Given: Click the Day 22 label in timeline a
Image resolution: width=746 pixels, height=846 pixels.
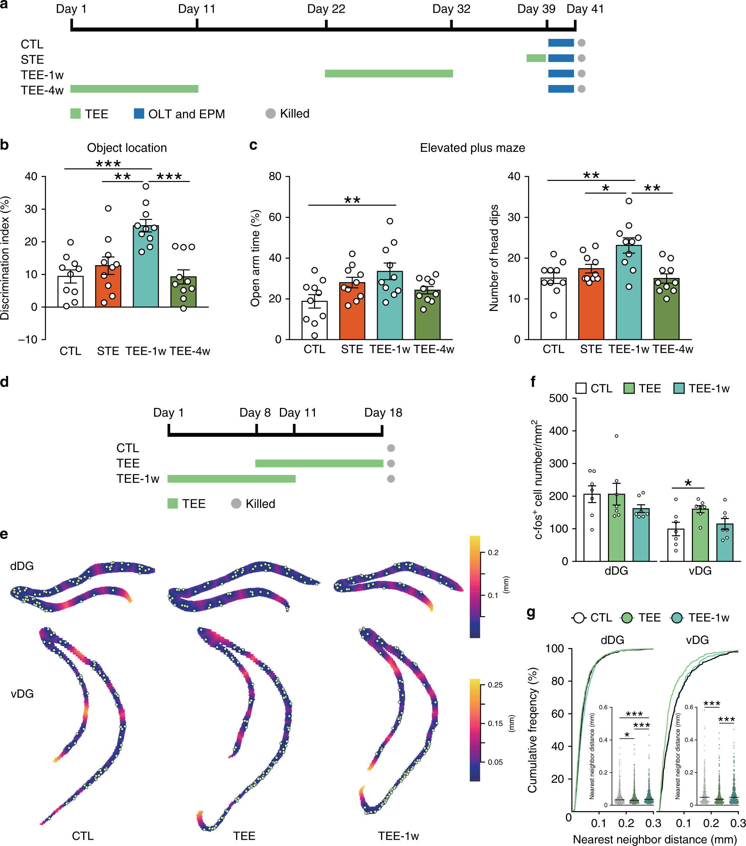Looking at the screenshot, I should tap(326, 9).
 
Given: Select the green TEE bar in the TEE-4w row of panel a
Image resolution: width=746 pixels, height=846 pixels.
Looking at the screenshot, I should tap(134, 89).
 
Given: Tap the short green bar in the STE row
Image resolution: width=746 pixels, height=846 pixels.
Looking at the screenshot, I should tap(536, 58).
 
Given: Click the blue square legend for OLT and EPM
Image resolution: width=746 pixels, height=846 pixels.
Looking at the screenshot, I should tap(139, 113).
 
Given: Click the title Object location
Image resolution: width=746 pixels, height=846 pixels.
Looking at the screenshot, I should tap(127, 148).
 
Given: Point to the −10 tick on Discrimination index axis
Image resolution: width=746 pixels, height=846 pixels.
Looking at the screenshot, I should tap(28, 340).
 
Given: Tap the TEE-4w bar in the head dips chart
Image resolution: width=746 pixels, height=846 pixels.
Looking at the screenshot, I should tap(666, 311).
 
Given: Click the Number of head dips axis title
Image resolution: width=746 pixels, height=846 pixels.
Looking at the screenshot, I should tap(494, 258).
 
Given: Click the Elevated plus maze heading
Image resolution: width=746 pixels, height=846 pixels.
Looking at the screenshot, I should tap(472, 148).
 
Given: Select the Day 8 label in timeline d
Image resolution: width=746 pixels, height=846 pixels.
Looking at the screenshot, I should tap(255, 413).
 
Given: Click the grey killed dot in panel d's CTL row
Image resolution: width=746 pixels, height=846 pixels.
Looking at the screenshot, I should tap(390, 448).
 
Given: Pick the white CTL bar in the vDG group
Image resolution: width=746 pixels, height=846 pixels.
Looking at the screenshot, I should tap(676, 546).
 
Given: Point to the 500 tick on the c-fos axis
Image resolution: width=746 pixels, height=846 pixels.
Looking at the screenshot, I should tap(558, 398).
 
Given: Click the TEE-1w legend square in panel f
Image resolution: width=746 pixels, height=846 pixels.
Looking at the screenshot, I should tap(678, 388).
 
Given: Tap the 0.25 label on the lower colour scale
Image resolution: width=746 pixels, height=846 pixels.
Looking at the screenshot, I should tap(495, 685).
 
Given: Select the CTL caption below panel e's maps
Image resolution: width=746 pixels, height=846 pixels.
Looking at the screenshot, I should tap(83, 836).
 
